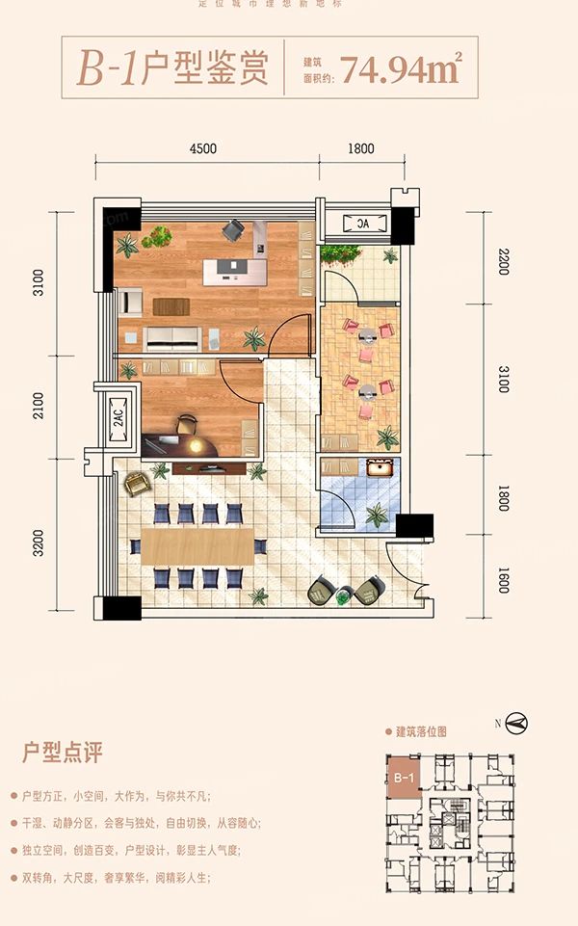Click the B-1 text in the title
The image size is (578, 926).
pos(108,69)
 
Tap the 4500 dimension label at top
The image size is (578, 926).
pos(203,148)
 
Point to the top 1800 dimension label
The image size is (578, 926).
pos(359,148)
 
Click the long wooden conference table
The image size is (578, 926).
pos(197,546)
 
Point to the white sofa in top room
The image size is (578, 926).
pos(172,338)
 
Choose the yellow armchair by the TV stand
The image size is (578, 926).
pos(134,485)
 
